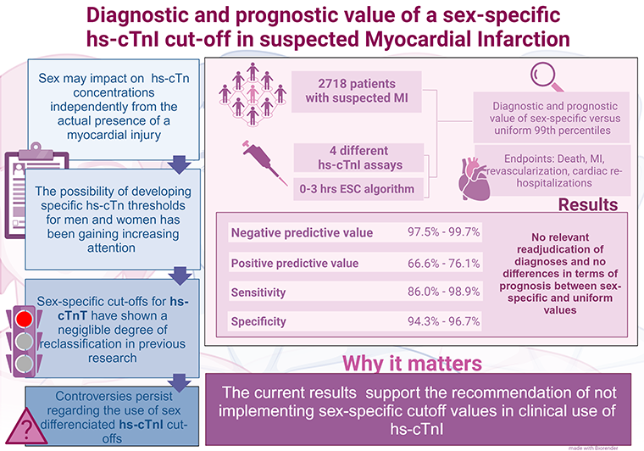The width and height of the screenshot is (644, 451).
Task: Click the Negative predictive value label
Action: (x=297, y=232)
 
